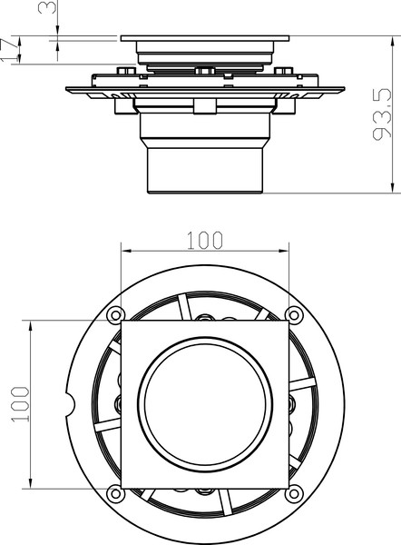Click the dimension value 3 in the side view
(54, 10)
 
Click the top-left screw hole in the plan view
(113, 314)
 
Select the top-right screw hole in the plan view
(295, 314)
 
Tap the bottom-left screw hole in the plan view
(113, 493)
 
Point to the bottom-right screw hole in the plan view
(295, 493)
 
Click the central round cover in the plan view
(204, 404)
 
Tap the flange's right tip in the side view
(341, 89)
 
